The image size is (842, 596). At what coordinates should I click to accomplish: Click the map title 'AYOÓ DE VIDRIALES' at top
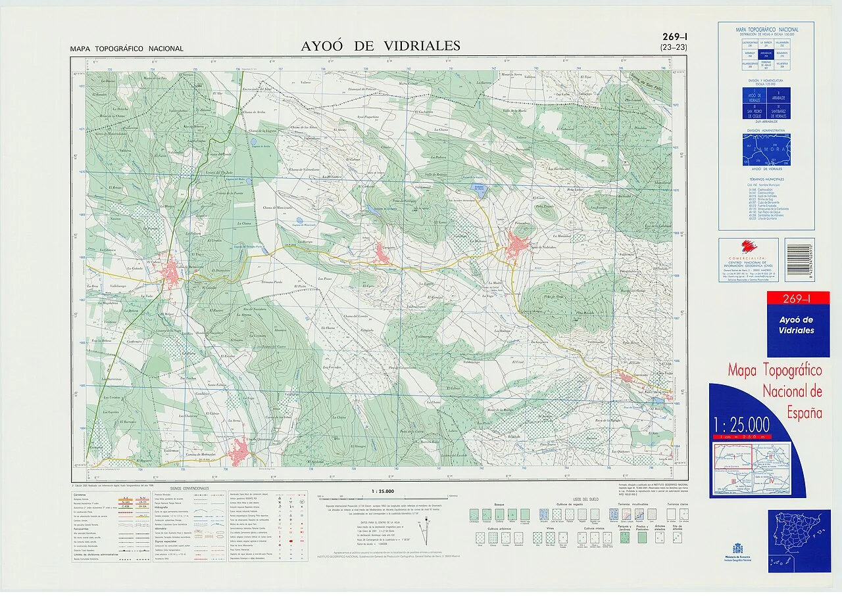[x=380, y=46]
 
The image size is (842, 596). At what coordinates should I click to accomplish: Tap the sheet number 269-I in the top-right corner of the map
[x=674, y=37]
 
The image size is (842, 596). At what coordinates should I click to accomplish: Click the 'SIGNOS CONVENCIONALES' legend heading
[x=189, y=489]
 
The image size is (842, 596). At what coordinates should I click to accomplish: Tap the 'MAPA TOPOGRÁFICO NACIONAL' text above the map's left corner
[x=127, y=49]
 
